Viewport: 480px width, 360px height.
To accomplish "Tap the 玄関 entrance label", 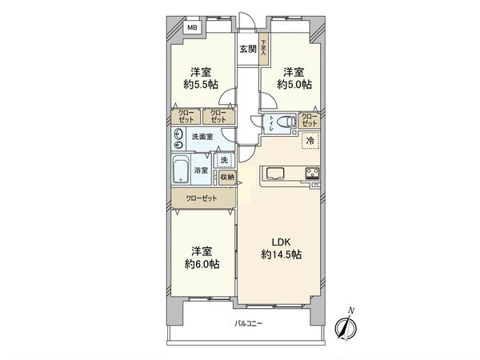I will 248,49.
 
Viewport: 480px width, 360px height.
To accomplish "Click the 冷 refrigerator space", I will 309,142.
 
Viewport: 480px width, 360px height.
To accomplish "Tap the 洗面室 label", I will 202,137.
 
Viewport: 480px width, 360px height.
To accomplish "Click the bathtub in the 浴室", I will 181,170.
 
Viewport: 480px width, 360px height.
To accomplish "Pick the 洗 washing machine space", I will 226,159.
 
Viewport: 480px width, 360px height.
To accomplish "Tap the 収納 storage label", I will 227,177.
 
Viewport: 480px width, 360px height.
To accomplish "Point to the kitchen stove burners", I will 310,174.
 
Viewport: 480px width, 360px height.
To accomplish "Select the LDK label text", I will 280,242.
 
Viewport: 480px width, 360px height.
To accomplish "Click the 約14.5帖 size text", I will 280,255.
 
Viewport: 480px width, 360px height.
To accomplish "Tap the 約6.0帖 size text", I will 201,264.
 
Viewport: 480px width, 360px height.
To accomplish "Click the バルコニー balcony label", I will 249,323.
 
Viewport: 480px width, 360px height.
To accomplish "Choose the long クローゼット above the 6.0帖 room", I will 201,197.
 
